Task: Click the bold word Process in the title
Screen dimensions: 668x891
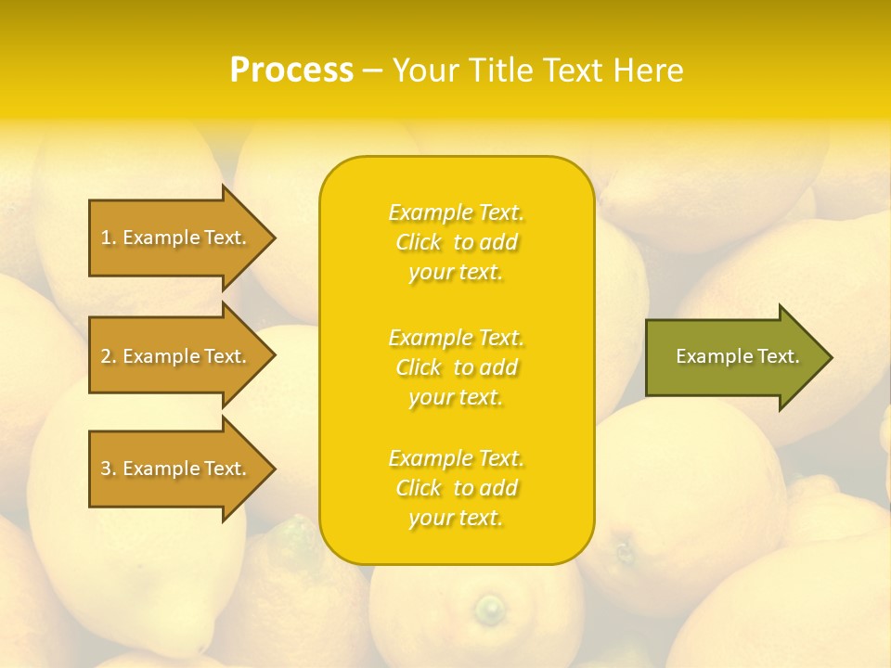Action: point(291,71)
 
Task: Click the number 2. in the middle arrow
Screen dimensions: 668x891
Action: point(108,356)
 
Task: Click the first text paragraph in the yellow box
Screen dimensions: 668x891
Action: point(456,242)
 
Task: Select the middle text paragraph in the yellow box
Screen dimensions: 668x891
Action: point(456,367)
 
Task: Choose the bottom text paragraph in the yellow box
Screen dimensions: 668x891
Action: point(456,488)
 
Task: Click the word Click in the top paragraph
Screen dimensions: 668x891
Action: point(419,242)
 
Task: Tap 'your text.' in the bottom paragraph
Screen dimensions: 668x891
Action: point(456,518)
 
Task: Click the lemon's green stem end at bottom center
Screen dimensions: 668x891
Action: point(488,609)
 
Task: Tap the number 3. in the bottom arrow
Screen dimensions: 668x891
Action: point(108,469)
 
